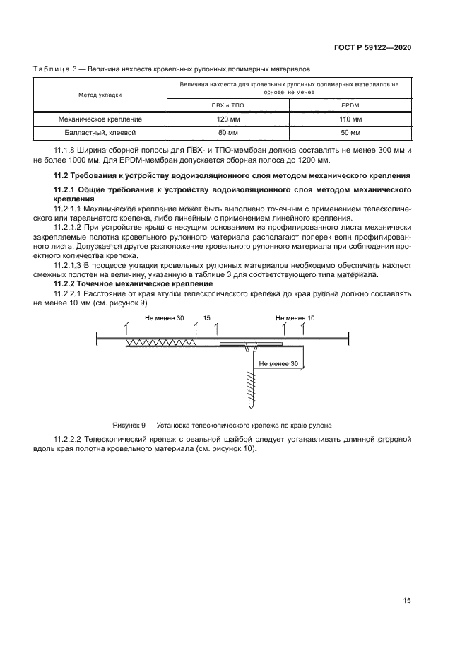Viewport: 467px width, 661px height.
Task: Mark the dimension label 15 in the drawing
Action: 206,318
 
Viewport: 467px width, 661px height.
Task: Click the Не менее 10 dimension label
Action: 295,318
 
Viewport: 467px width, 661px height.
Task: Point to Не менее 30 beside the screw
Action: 278,363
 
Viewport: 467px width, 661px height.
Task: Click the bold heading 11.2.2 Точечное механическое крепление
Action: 133,283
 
